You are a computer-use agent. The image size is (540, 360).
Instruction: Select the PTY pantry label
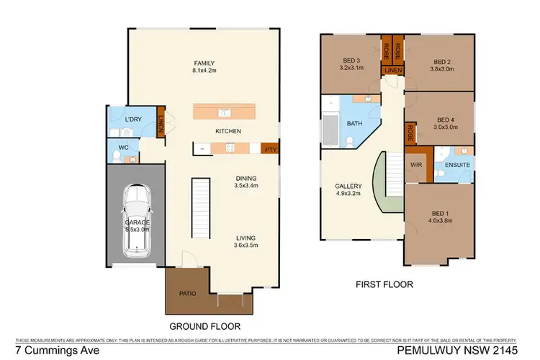(x=271, y=149)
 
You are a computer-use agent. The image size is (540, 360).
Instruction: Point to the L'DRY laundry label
(x=132, y=118)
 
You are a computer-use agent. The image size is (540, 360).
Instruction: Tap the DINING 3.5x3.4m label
(x=246, y=182)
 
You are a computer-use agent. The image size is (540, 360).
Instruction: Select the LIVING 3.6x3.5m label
(x=246, y=242)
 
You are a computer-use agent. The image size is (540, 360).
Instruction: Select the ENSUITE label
(x=457, y=165)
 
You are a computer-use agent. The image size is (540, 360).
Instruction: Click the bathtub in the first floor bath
(x=329, y=130)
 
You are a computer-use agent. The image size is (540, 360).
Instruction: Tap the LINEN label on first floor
(x=392, y=69)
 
